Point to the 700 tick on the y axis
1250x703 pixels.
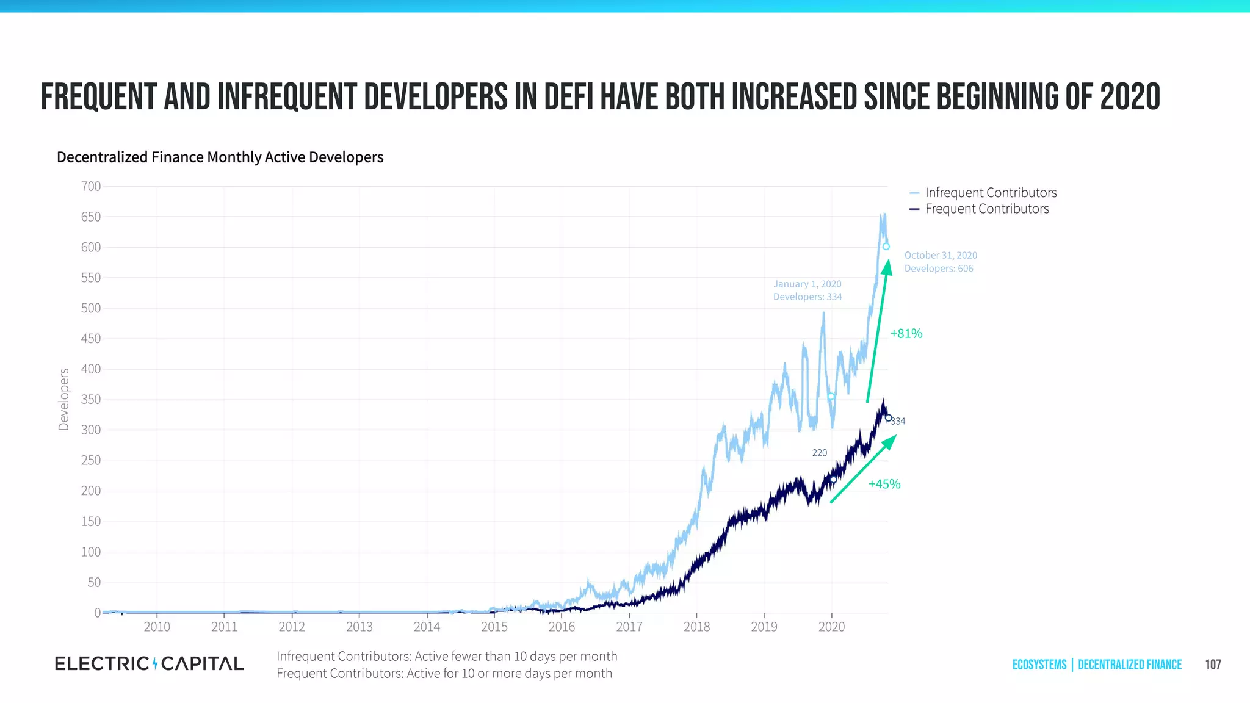(x=91, y=186)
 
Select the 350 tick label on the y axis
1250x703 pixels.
(x=91, y=400)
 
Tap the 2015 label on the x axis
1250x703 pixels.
(x=494, y=627)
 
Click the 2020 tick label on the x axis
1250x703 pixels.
(x=831, y=627)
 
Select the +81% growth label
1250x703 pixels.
(x=906, y=334)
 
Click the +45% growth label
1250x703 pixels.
(x=884, y=484)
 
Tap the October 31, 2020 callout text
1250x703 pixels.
(x=940, y=262)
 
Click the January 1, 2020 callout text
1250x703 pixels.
(x=807, y=290)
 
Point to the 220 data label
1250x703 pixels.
(x=819, y=453)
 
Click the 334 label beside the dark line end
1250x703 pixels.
(x=898, y=421)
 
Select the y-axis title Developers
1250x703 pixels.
(x=63, y=400)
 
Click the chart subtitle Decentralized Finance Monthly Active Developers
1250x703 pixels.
(x=220, y=157)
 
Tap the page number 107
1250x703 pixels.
(x=1213, y=665)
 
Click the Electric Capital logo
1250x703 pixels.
(x=149, y=664)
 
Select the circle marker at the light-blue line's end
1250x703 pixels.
(x=886, y=247)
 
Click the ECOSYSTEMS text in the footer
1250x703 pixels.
(x=1039, y=665)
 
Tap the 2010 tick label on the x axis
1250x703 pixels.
(x=157, y=627)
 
